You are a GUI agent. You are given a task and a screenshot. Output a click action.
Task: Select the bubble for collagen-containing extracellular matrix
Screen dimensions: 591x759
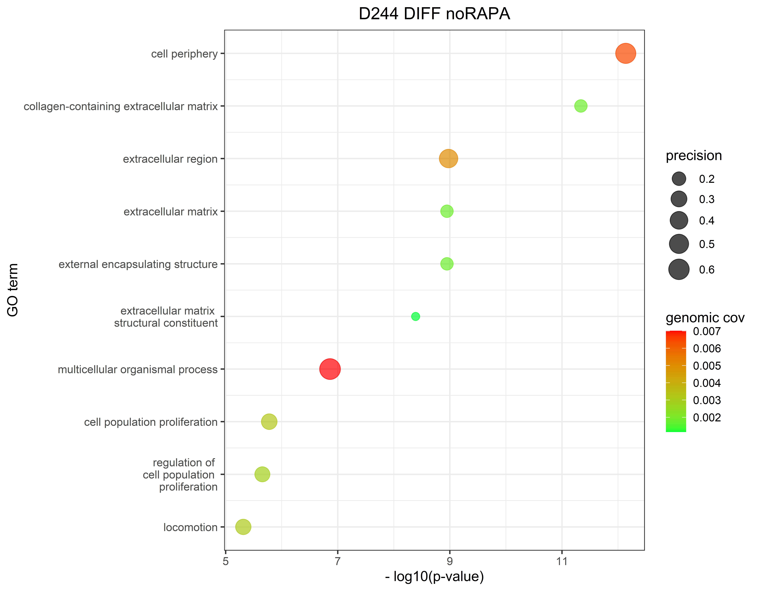click(x=580, y=106)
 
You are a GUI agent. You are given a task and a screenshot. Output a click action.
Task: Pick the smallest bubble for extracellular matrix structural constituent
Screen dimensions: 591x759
click(x=415, y=316)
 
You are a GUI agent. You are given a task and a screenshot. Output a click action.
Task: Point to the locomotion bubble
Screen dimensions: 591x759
click(x=243, y=527)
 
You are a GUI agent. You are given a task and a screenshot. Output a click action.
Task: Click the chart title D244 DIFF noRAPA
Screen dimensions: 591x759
click(x=434, y=14)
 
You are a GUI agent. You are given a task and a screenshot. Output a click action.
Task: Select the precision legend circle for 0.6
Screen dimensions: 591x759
click(x=678, y=269)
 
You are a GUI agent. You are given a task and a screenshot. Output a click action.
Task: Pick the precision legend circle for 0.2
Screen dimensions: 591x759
click(x=678, y=179)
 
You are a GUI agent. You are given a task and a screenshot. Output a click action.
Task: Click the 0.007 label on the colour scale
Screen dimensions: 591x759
click(x=707, y=331)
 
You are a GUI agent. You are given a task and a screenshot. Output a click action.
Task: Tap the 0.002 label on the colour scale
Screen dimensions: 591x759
click(x=707, y=417)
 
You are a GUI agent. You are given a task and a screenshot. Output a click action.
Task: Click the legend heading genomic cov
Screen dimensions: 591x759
click(x=705, y=318)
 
